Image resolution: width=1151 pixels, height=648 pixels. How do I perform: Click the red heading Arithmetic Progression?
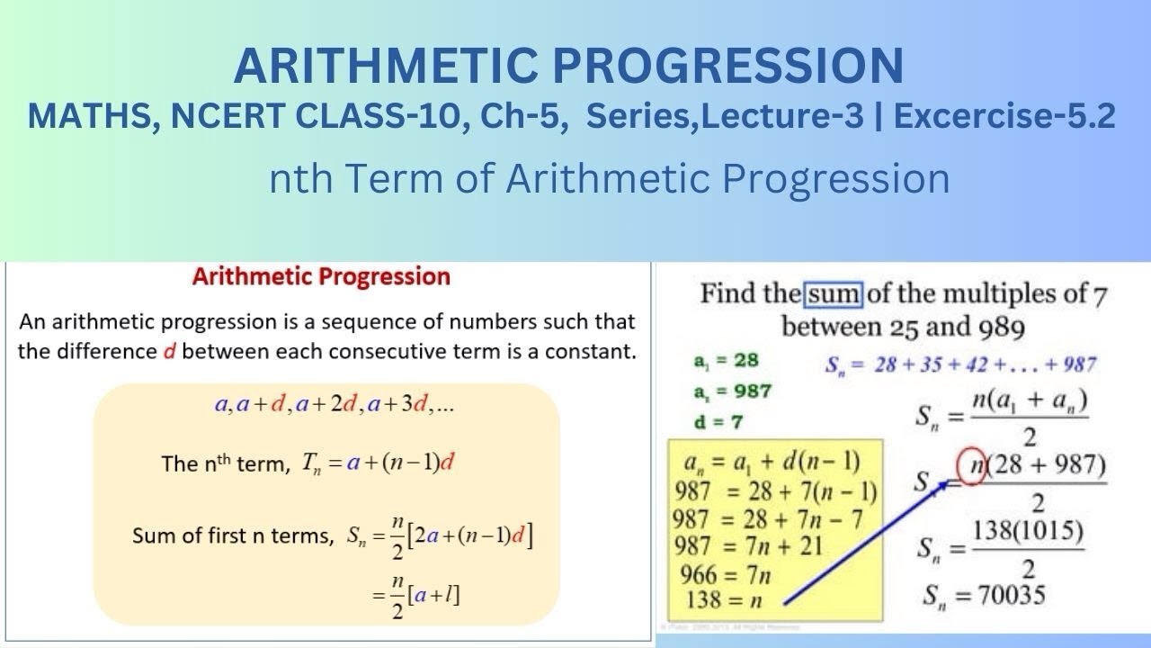321,276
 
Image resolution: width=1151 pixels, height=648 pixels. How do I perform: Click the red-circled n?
969,466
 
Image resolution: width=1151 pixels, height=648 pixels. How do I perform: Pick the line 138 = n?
728,598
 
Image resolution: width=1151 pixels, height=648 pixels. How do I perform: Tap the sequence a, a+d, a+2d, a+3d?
334,405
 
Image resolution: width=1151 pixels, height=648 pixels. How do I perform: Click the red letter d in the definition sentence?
168,351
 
